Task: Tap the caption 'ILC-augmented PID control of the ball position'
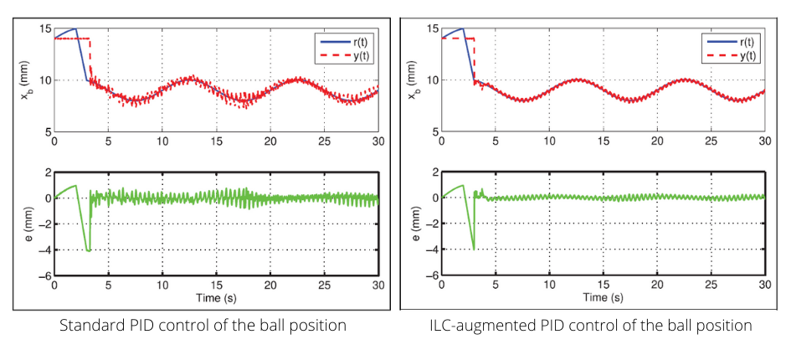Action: tap(590, 325)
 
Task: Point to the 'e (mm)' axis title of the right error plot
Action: tap(416, 224)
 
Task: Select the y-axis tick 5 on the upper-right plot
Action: tap(435, 131)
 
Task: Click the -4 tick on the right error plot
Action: tap(432, 249)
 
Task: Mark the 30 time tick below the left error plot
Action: tap(378, 285)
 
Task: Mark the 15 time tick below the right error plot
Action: tap(603, 285)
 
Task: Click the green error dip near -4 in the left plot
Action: tap(87, 249)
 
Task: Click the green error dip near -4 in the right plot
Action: tap(474, 248)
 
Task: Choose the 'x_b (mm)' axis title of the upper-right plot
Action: tap(416, 80)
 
